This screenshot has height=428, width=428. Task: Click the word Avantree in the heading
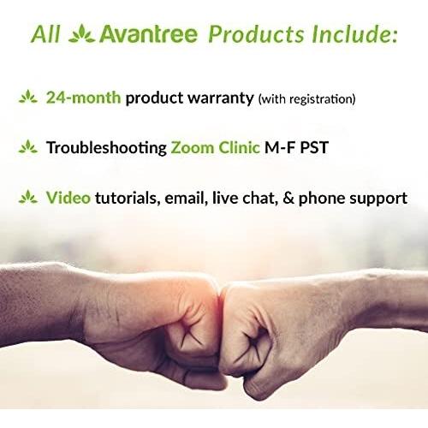[148, 34]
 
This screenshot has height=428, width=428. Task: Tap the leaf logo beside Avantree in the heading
[82, 33]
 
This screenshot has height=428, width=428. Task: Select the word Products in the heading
[256, 34]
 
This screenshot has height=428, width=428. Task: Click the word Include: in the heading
[354, 34]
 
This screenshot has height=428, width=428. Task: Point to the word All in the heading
[45, 34]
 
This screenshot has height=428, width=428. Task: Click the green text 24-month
[83, 98]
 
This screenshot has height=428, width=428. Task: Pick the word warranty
[221, 98]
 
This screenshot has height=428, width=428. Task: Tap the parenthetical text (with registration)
[306, 99]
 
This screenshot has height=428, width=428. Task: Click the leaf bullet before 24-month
[28, 97]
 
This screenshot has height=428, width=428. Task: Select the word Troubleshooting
[106, 148]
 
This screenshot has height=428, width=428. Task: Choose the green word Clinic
[239, 147]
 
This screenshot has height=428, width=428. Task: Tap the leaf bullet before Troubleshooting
[28, 146]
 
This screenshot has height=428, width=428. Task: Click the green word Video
[68, 198]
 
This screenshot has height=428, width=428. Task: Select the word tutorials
[126, 198]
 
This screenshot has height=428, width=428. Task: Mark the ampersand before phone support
[288, 198]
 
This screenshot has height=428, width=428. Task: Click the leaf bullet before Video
[28, 197]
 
